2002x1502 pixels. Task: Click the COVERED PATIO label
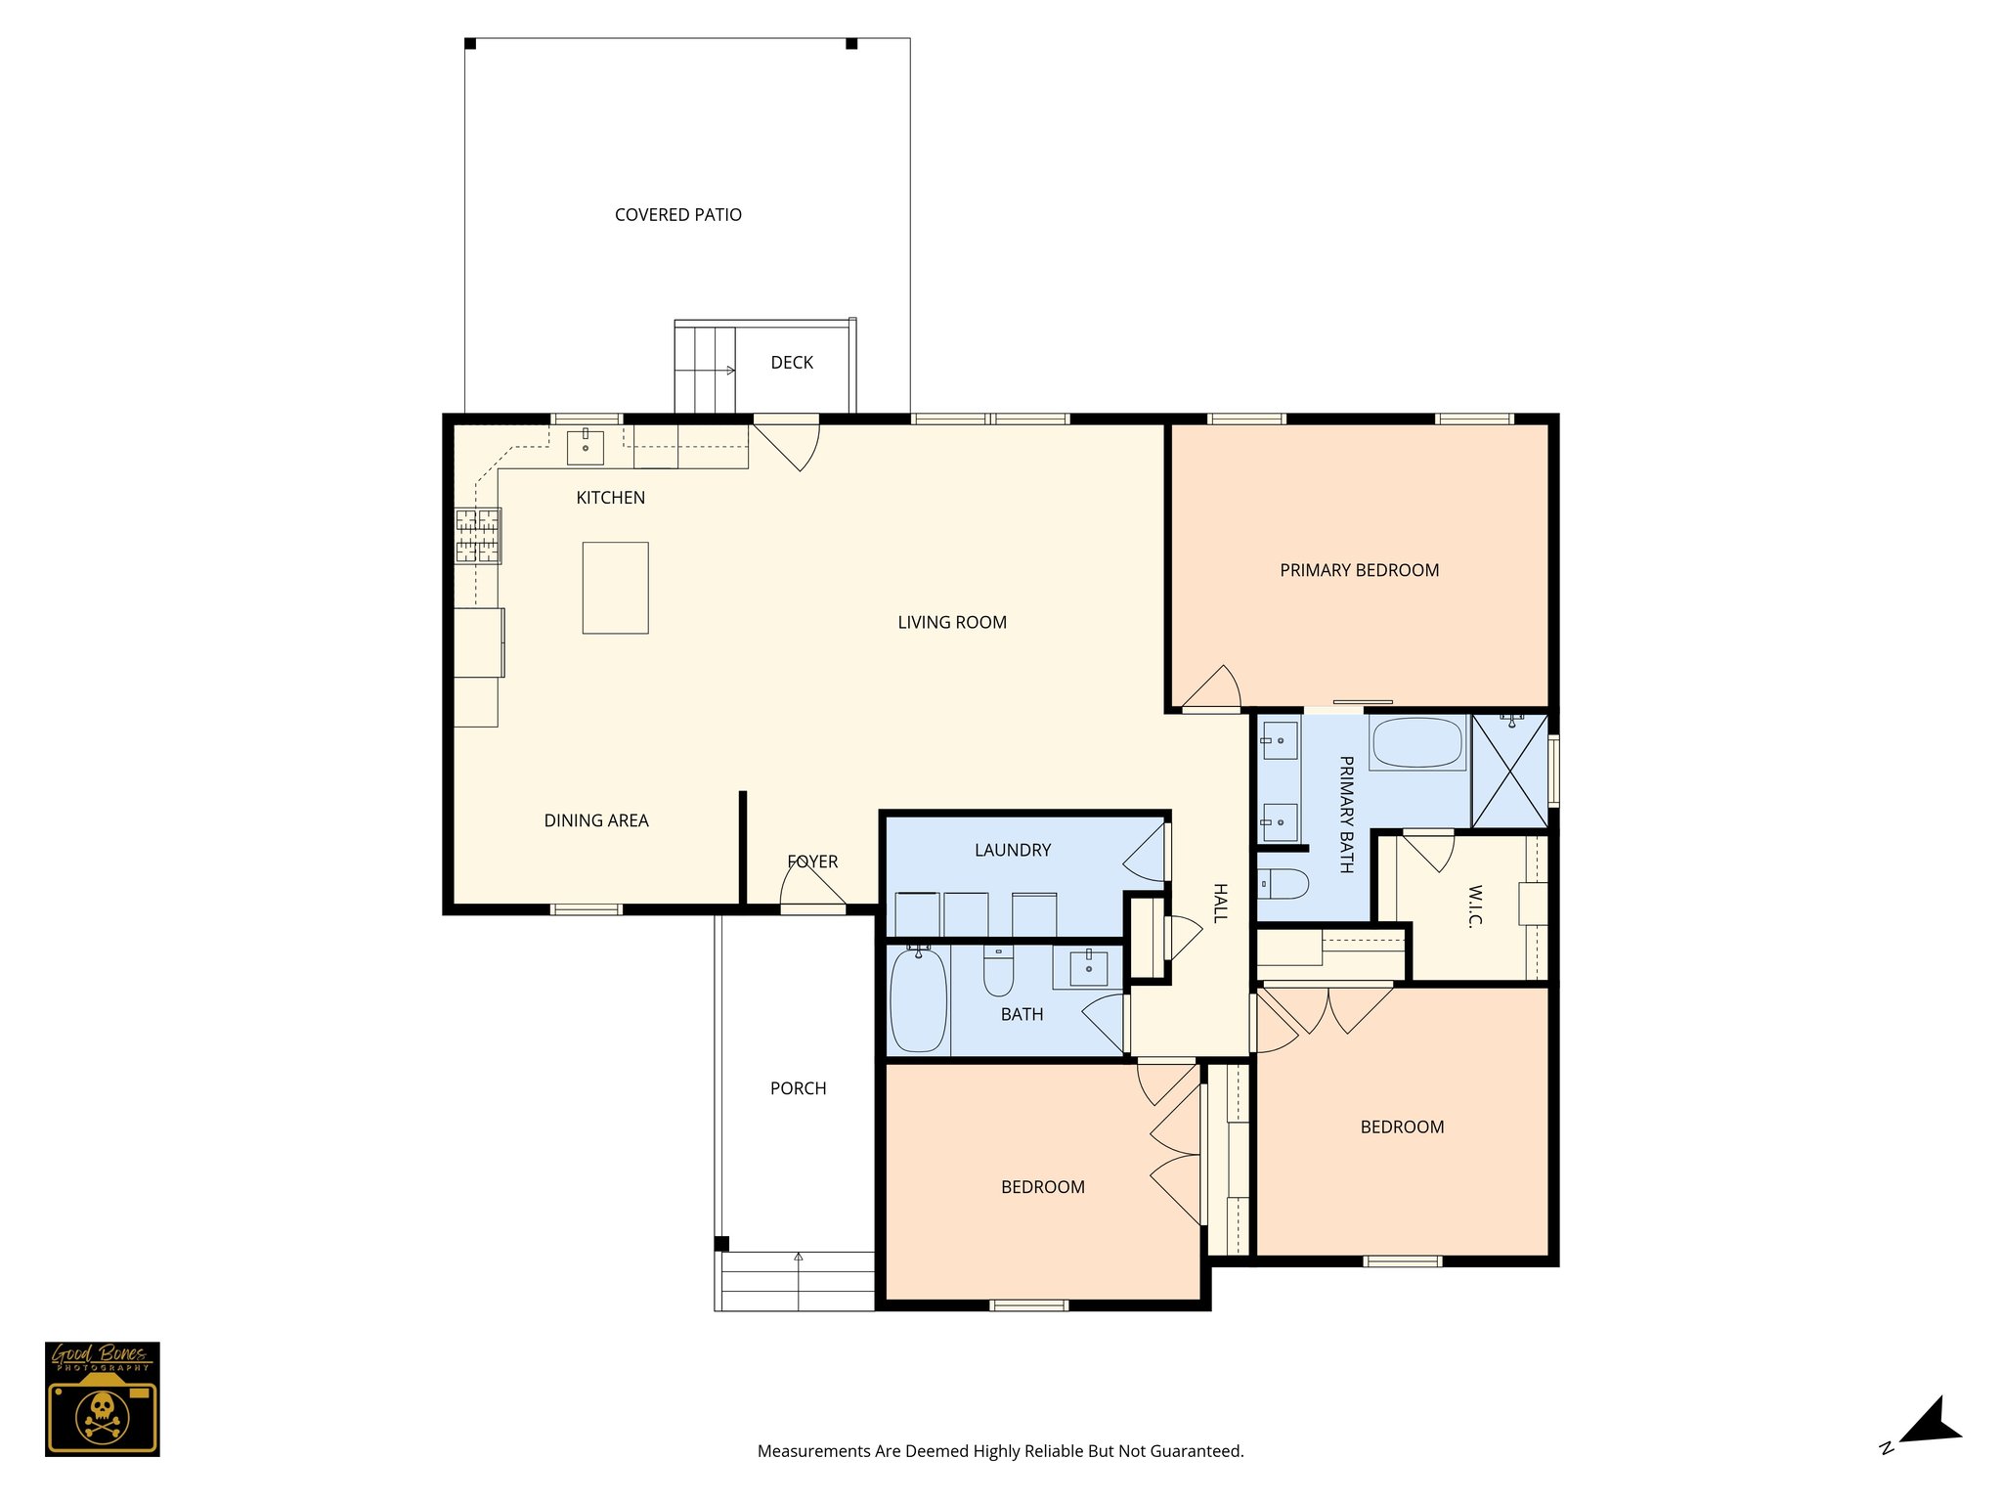point(677,215)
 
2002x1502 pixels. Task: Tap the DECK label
point(791,363)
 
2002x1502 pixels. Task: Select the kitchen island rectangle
point(615,588)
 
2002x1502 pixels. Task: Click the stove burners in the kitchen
point(478,536)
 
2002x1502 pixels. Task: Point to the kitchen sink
point(586,447)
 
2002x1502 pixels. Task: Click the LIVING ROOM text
point(951,623)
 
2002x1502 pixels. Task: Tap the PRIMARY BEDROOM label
point(1359,570)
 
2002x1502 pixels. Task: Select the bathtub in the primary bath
point(1417,743)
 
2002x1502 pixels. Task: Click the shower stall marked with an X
point(1509,772)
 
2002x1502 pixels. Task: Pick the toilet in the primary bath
point(1284,884)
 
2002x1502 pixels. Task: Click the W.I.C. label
point(1474,906)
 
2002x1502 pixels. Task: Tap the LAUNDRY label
point(1012,851)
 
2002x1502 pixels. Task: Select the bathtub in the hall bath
point(918,999)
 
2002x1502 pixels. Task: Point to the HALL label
point(1220,903)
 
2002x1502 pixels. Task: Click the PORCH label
point(798,1088)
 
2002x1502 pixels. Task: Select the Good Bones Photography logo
point(102,1398)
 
